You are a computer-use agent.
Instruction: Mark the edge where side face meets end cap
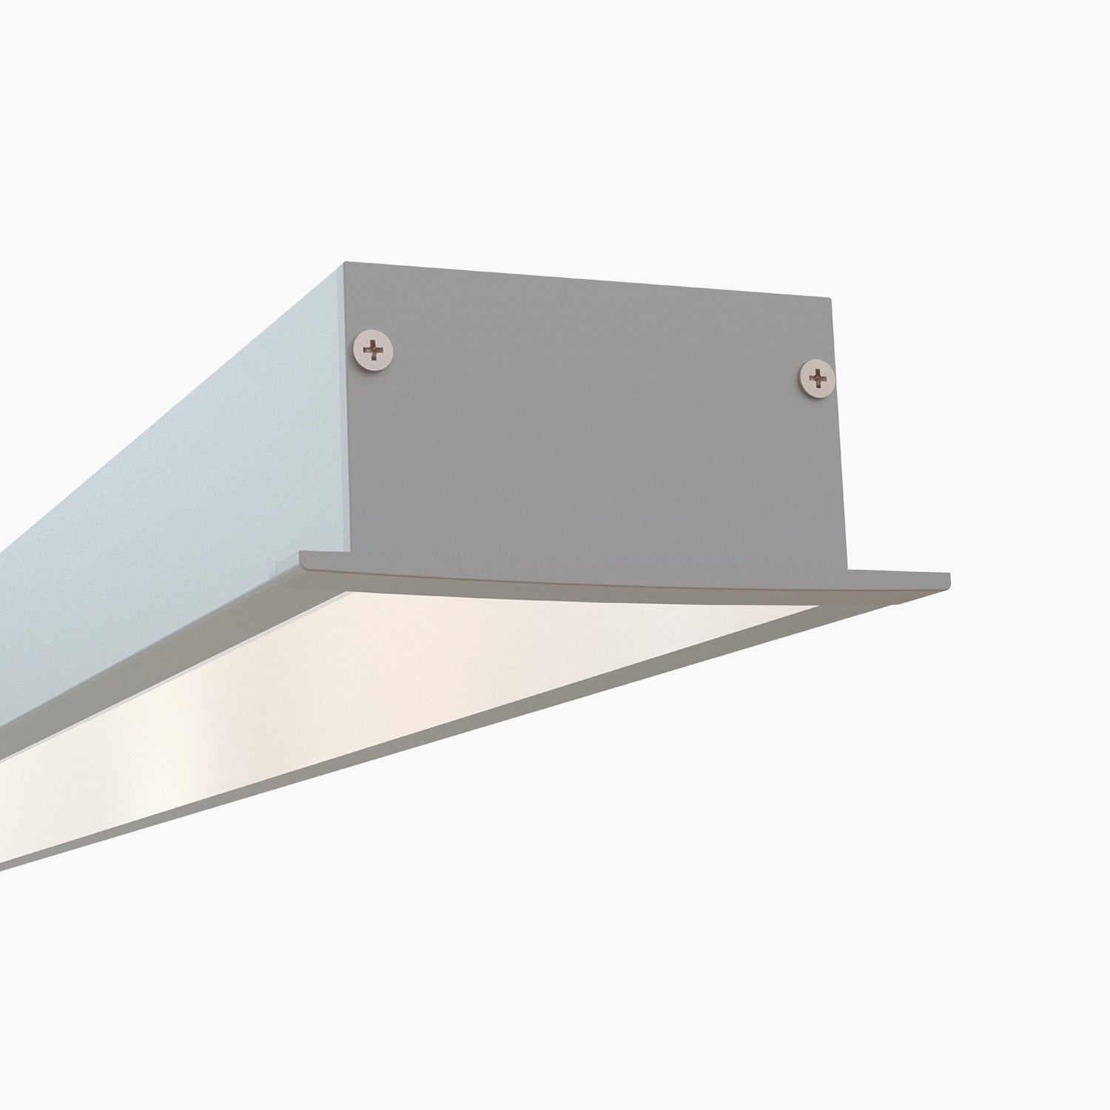(x=343, y=407)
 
